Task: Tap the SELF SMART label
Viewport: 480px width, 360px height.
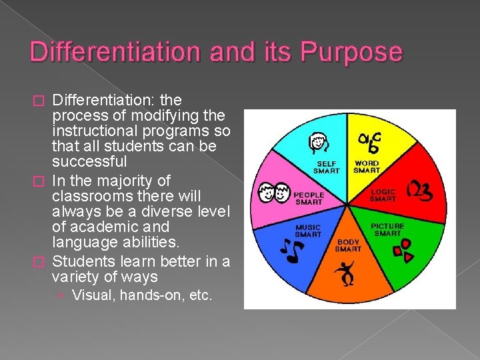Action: [326, 167]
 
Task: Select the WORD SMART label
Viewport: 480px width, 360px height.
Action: [367, 167]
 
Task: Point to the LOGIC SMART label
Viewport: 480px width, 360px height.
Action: [383, 195]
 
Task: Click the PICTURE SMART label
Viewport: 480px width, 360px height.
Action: [387, 229]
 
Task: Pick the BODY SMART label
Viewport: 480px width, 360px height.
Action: [348, 245]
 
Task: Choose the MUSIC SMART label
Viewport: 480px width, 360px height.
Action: [308, 231]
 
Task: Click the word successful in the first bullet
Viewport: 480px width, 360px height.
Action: [89, 162]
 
